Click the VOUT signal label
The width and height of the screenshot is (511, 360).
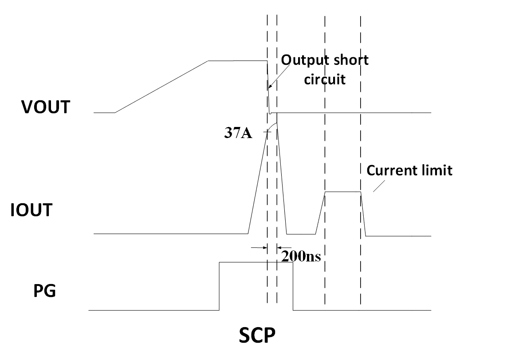tap(46, 107)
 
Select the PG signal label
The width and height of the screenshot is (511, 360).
tap(45, 292)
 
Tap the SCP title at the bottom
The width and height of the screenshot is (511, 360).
tap(257, 336)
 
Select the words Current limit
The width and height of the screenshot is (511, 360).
tap(409, 170)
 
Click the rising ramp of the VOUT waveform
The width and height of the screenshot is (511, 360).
tap(162, 87)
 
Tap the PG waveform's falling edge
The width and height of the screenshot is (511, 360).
tap(293, 286)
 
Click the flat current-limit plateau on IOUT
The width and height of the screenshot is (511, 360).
tap(343, 192)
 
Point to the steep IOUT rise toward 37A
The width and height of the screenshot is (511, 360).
tap(257, 182)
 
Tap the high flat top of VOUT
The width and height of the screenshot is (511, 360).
tap(237, 61)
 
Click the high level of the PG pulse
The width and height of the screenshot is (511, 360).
tap(248, 262)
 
